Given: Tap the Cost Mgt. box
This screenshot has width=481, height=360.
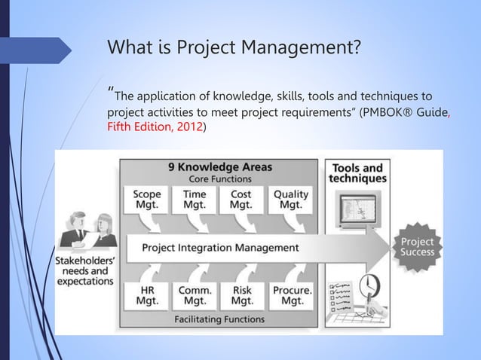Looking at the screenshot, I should point(241,200).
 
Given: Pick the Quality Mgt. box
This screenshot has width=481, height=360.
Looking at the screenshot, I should point(290,200).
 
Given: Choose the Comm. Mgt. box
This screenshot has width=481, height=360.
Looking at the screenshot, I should point(195,294).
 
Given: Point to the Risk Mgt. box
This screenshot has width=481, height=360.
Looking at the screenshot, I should point(242,294).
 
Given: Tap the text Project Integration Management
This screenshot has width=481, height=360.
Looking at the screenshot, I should point(220,247).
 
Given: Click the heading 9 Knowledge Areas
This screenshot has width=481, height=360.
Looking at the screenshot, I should point(219,166).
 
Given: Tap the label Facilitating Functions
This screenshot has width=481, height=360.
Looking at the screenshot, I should point(219,319).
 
